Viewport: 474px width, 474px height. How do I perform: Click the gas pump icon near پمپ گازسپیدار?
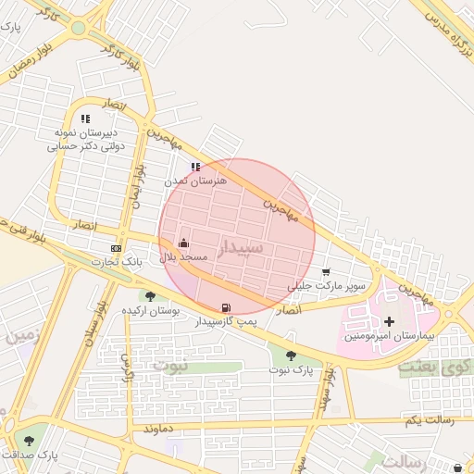point(225,307)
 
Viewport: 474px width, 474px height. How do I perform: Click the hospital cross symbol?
point(388,321)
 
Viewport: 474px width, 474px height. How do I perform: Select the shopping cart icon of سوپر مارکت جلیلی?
point(326,272)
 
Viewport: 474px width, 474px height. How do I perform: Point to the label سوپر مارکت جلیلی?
point(327,286)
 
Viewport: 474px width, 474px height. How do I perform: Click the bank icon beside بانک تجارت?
point(116,248)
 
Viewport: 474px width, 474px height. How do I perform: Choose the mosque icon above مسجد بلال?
point(182,243)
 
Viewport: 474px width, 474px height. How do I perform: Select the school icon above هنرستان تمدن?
point(194,168)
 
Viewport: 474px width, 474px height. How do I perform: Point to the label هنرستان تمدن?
point(195,181)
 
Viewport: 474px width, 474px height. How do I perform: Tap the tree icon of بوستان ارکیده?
point(150,296)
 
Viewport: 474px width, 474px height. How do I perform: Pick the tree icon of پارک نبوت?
point(292,355)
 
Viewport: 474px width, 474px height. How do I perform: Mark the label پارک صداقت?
point(30,455)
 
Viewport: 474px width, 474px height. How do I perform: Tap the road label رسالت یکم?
point(426,421)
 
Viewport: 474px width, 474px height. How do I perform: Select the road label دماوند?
point(159,430)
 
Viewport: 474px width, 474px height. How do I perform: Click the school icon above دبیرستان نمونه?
point(86,118)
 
